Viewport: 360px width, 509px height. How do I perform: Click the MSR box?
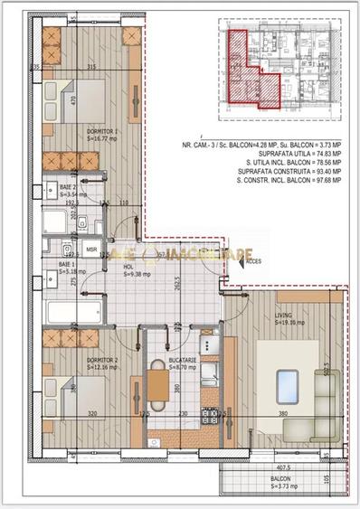click(91, 248)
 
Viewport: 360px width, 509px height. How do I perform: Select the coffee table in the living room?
click(288, 382)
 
